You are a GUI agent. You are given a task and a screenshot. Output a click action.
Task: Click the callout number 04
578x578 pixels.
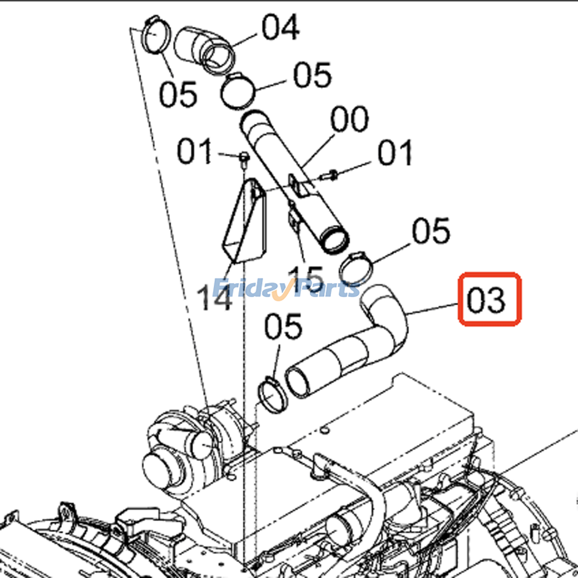click(280, 27)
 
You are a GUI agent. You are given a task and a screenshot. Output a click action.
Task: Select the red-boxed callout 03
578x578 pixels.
click(489, 299)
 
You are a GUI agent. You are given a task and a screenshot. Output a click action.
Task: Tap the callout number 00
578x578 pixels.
click(349, 119)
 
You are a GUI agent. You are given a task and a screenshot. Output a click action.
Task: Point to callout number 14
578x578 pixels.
click(214, 298)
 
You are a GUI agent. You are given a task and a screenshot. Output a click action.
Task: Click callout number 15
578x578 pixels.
click(306, 277)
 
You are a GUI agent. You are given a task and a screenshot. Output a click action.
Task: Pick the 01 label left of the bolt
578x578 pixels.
click(194, 152)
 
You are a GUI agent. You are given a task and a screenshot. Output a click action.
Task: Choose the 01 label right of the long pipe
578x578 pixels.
click(394, 154)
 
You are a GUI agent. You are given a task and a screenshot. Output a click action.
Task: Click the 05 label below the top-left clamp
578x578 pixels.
click(178, 95)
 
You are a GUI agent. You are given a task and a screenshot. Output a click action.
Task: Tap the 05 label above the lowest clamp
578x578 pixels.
click(283, 327)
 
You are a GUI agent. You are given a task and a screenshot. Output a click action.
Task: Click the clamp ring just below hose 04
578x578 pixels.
click(238, 91)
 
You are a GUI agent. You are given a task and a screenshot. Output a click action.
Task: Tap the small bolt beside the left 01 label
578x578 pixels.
click(244, 159)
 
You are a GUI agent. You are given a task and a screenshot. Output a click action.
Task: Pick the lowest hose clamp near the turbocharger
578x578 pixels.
click(273, 395)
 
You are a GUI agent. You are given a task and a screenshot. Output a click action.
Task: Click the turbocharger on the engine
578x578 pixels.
click(188, 448)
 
